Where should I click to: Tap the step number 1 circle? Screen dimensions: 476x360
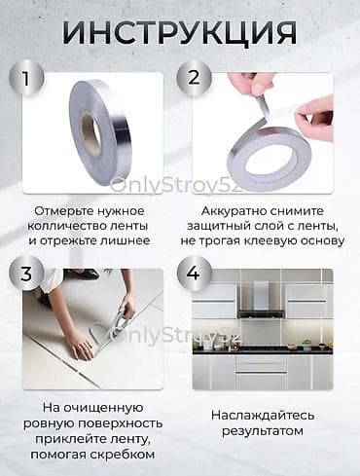tap(33, 78)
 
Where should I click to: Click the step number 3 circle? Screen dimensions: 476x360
tap(33, 274)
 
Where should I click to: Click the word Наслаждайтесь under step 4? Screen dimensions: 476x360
tap(258, 415)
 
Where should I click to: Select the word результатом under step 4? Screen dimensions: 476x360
tap(258, 431)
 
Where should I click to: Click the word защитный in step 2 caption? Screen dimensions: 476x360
tap(232, 227)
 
